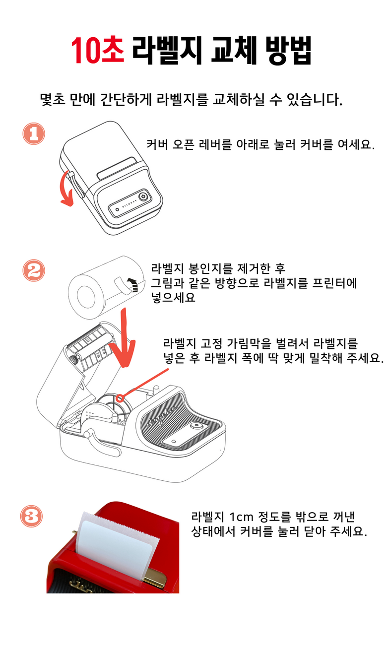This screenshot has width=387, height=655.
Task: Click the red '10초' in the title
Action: (x=98, y=50)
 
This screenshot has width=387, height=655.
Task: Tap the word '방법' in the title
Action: (x=288, y=50)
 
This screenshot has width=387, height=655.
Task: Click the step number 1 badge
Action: (x=34, y=133)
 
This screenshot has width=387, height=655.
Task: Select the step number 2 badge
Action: (x=34, y=270)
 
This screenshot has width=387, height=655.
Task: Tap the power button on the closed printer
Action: (x=142, y=196)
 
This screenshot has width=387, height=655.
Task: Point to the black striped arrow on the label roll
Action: (x=133, y=285)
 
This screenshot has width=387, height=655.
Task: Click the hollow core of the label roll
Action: (x=86, y=297)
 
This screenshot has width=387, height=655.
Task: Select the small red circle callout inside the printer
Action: (x=120, y=398)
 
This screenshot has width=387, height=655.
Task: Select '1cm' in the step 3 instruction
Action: (x=241, y=517)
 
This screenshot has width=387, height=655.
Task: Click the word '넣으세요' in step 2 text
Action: (x=173, y=297)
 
